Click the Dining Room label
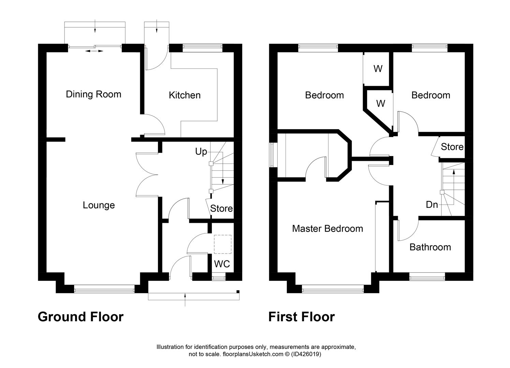[93, 94]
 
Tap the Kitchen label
[185, 95]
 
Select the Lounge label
[99, 205]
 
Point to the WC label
[222, 264]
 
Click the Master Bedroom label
[327, 228]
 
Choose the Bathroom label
[430, 247]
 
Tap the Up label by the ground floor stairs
[201, 152]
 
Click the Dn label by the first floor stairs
[432, 204]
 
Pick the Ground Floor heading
[81, 317]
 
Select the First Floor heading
[302, 317]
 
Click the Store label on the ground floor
[221, 208]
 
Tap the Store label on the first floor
[452, 147]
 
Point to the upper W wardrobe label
[378, 69]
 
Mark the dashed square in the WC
[222, 244]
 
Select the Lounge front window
[104, 290]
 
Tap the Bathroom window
[427, 278]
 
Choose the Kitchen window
[202, 48]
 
